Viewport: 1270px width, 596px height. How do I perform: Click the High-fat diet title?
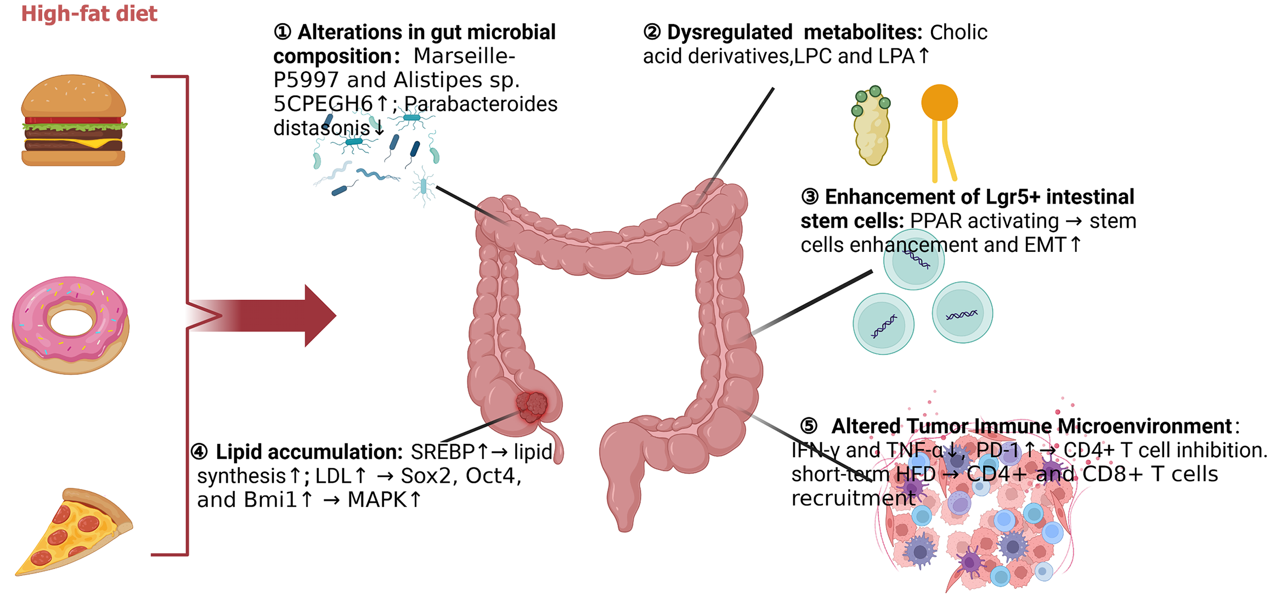click(x=89, y=14)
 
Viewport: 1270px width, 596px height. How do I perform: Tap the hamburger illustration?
click(x=74, y=121)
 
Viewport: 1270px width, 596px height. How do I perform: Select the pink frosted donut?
click(x=70, y=325)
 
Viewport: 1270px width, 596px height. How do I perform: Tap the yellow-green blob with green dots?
click(x=871, y=126)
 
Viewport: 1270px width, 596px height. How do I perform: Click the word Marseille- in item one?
click(x=464, y=56)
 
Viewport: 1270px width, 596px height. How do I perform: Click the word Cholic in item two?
click(x=958, y=32)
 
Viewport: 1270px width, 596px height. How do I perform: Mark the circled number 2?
click(x=652, y=32)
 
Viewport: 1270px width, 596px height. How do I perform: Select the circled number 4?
click(x=199, y=452)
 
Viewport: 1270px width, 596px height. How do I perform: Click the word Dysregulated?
click(x=730, y=32)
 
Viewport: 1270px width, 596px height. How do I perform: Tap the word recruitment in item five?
click(x=853, y=498)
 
